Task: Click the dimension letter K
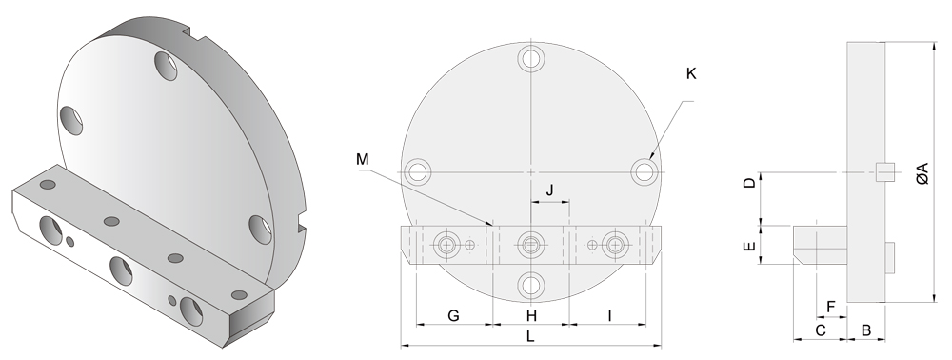click(691, 73)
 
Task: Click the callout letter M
click(363, 159)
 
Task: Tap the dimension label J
click(550, 190)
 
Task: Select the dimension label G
click(453, 315)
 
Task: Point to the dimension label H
click(531, 315)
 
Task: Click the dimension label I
click(609, 315)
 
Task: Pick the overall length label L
click(530, 336)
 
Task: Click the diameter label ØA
click(922, 173)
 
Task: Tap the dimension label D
click(750, 182)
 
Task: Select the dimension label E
click(750, 246)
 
